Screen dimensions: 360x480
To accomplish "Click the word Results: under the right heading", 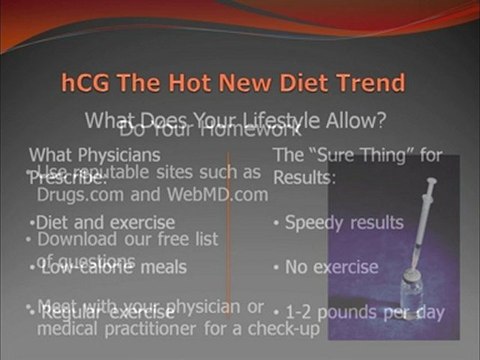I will pyautogui.click(x=305, y=176).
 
